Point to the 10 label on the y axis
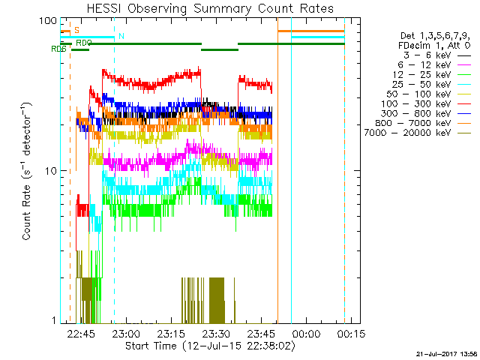pos(52,171)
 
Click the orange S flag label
pos(76,30)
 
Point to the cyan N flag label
pos(121,36)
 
